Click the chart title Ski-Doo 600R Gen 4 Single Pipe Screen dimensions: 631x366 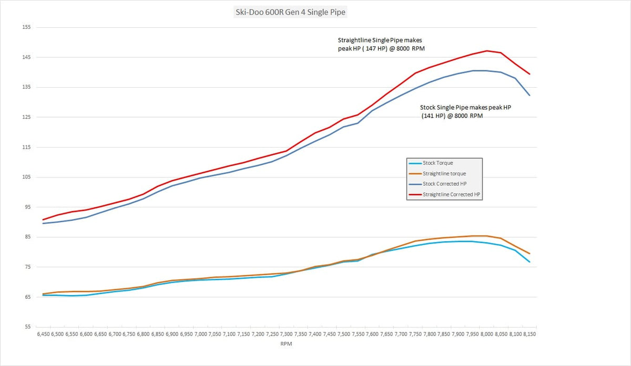pos(290,12)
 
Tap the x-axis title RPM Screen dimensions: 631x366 pos(286,344)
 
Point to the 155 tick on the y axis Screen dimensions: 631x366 pos(26,27)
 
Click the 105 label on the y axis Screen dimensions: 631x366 pos(26,177)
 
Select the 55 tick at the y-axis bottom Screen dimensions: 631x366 pos(27,327)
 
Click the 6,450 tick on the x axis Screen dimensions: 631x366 pos(43,334)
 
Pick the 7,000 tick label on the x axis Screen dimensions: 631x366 pos(201,334)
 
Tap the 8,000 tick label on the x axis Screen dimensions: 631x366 pos(487,334)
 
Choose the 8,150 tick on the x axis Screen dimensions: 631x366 pos(530,334)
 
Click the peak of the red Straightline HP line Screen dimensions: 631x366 pos(487,51)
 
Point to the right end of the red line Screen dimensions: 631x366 pos(530,74)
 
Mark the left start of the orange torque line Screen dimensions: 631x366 pos(43,294)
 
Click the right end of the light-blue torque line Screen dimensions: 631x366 pos(530,262)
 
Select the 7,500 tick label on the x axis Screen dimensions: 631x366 pos(344,334)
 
